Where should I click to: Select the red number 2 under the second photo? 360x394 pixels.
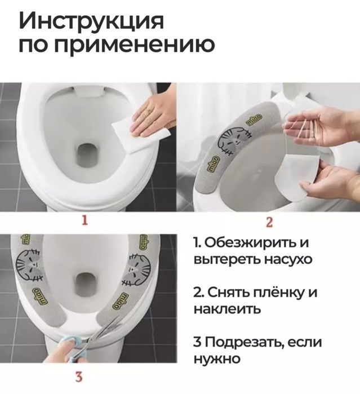coord(269,222)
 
